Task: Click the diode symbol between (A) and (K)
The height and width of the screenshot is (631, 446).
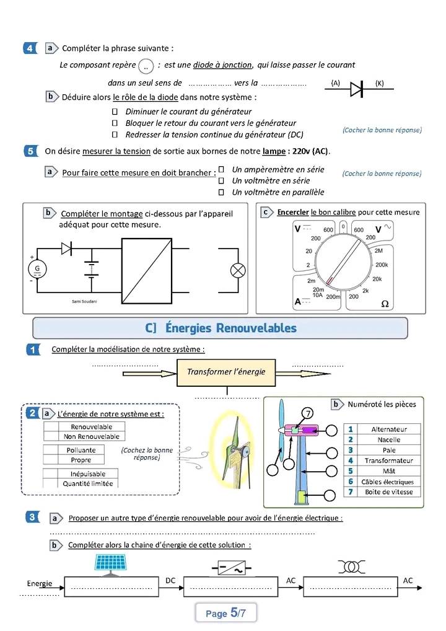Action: click(357, 89)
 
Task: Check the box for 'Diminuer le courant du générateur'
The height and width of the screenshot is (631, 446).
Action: click(115, 112)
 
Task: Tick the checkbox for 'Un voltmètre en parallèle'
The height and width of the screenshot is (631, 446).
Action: click(221, 192)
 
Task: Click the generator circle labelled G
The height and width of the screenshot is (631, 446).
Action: click(37, 268)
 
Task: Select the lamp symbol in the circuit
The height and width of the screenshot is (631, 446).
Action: click(238, 270)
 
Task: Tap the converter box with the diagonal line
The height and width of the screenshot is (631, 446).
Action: click(146, 270)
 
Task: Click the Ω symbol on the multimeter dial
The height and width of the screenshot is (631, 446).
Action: click(385, 304)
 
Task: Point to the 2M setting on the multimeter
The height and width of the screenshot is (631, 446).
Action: click(378, 250)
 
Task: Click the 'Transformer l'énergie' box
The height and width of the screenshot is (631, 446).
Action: click(226, 372)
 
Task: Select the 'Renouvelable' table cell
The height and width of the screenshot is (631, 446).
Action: click(91, 426)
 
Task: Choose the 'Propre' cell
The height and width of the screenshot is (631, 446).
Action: click(81, 460)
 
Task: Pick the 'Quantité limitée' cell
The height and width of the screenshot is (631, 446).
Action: click(87, 483)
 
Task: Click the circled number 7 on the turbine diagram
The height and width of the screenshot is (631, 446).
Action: click(308, 413)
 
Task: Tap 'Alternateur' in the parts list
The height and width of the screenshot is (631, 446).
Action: click(389, 429)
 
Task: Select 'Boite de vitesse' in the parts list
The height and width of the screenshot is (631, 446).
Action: click(389, 492)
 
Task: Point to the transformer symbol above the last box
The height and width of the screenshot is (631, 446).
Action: click(350, 567)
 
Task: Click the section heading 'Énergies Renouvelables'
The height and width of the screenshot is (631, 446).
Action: click(221, 328)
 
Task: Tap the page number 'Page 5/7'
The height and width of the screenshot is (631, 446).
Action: click(225, 613)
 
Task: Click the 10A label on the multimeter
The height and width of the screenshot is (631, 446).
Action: click(317, 296)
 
